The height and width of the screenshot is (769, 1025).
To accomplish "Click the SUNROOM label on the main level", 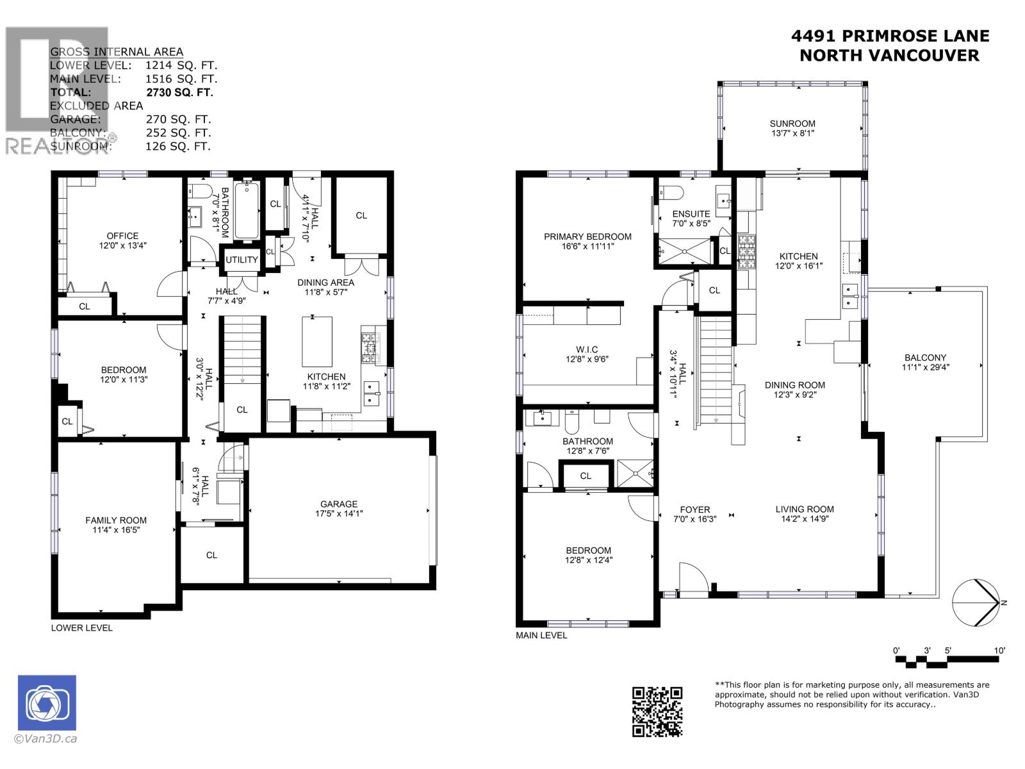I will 792,124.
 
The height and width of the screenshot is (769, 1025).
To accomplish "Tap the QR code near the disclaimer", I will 657,711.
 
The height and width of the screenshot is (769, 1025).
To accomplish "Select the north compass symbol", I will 975,603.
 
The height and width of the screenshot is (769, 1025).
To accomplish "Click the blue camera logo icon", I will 47,702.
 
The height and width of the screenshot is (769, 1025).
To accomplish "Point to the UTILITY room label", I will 242,260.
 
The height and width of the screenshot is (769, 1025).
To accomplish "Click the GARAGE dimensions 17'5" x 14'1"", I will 339,513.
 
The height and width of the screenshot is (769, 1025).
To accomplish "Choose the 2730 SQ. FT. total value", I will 179,92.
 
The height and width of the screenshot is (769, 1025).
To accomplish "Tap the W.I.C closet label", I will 586,349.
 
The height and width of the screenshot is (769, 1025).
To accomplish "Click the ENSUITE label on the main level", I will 691,214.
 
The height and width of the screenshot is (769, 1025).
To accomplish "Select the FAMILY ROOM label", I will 116,520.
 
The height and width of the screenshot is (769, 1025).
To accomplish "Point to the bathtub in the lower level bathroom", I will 247,210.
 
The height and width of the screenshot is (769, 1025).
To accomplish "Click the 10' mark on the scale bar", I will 999,650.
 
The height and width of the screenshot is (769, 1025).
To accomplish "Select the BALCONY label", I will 925,358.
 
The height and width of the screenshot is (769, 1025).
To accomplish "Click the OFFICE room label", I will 122,236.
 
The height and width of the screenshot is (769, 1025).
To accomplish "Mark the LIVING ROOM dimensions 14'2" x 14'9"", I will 805,519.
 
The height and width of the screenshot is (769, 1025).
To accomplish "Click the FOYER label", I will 694,509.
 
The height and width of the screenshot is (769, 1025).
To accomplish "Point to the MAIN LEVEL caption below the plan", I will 541,635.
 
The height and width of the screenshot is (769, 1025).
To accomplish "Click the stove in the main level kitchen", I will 748,251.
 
